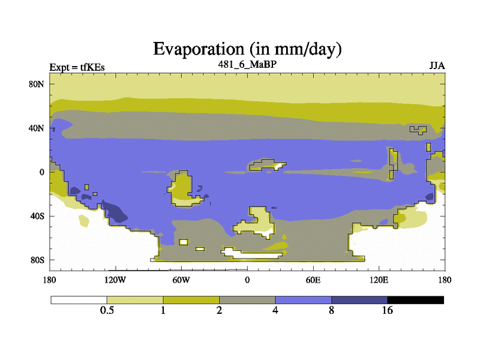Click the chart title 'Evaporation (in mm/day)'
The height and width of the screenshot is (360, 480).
(247, 49)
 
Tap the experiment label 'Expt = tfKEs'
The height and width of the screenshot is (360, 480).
(77, 67)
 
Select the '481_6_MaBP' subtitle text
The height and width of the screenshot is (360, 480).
(247, 64)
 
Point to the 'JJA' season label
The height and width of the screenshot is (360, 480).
(437, 66)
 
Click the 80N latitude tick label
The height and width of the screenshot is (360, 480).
(37, 84)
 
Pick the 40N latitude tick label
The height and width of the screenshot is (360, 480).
(37, 128)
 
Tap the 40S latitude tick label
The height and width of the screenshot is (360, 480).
(37, 216)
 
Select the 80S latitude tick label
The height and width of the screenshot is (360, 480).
(37, 260)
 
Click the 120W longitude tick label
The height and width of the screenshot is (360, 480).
(115, 280)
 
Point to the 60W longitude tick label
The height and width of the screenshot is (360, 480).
(181, 280)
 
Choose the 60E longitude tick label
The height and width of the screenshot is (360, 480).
(313, 280)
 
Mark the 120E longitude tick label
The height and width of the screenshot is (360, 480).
(379, 280)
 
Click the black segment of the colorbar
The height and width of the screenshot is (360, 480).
(415, 300)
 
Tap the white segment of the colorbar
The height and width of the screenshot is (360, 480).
(79, 300)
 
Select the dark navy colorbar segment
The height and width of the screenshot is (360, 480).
(359, 300)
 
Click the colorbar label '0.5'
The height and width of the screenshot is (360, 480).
(107, 310)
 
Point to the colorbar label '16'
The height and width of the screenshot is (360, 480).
(387, 310)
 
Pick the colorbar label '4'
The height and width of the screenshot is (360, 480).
(275, 310)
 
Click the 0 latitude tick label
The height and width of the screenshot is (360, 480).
(41, 172)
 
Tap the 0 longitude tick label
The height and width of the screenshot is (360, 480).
(247, 280)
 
